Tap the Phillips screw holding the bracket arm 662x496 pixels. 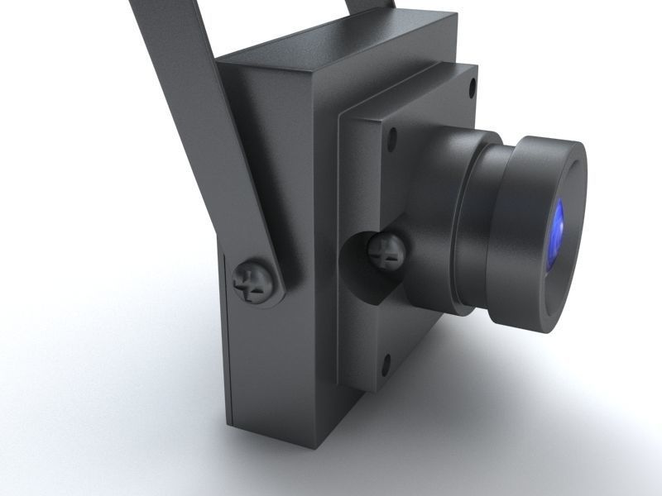(x=253, y=282)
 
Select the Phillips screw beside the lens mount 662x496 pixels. (x=386, y=250)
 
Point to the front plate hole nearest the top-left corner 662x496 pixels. (x=392, y=136)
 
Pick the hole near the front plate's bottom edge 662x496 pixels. (x=386, y=360)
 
